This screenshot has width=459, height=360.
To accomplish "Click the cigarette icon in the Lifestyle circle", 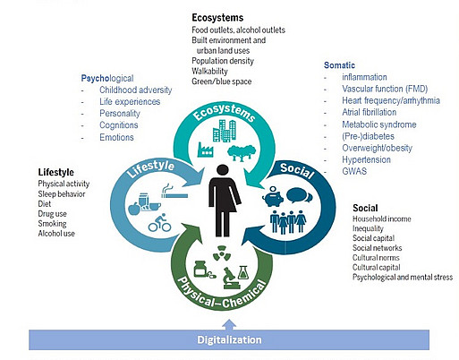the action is coord(174,192).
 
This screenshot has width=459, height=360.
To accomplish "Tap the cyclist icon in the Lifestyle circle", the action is coord(159,223).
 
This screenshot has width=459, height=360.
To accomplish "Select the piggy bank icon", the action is coord(273,196).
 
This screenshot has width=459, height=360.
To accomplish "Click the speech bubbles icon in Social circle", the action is coord(300,195).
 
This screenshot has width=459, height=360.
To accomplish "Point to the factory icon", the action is coord(205,150).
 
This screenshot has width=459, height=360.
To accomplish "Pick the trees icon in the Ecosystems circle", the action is coord(242,152).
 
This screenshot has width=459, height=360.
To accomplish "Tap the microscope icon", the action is coord(232,279).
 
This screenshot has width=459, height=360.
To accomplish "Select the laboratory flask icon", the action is coord(243,272).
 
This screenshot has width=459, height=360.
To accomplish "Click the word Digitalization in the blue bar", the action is coord(229,339).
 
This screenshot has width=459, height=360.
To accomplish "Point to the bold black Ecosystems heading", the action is coord(217,18).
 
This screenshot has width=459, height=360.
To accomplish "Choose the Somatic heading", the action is coord(339,65).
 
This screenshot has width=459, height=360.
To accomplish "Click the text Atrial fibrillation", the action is coord(370,112).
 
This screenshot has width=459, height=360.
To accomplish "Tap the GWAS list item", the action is coord(354,171).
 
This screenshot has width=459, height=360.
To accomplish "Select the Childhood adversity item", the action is coord(136,90).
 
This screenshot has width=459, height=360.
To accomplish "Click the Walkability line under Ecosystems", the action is coord(209,71).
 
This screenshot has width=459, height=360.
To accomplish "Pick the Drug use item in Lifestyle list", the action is coord(52,214).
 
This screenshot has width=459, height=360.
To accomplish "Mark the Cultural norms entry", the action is coord(376,257).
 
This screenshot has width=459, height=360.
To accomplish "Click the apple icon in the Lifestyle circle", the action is coord(134,209).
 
